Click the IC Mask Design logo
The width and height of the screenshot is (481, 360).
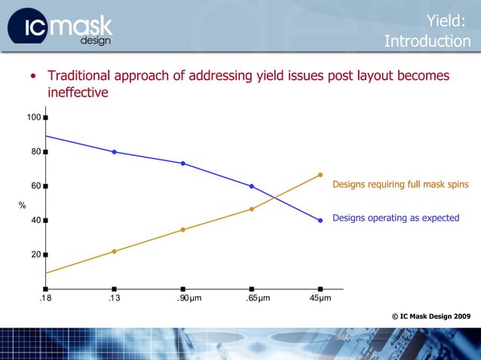click(x=60, y=29)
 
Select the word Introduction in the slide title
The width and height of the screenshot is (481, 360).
click(x=427, y=41)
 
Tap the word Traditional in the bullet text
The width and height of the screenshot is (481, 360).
click(x=83, y=76)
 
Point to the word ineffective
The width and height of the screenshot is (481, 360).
click(x=78, y=93)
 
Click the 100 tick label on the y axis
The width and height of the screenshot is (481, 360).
click(x=33, y=117)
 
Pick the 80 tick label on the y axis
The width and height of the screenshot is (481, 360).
click(x=35, y=151)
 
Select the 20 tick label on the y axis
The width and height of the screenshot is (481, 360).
click(x=35, y=255)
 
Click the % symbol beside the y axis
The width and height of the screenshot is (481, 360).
click(x=22, y=205)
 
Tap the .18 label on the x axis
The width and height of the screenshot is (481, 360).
click(x=45, y=299)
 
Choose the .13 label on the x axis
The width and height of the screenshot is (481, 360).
click(x=114, y=299)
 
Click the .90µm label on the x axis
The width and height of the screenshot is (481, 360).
click(x=184, y=299)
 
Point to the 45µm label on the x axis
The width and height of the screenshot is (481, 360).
click(x=320, y=299)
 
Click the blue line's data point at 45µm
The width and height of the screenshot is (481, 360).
click(x=320, y=221)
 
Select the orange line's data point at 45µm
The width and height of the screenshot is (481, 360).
click(x=320, y=175)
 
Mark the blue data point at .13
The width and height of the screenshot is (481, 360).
click(x=114, y=152)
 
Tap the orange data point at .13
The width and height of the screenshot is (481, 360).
click(x=114, y=251)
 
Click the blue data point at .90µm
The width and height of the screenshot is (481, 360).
click(x=183, y=163)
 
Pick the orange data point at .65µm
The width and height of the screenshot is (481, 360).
click(x=252, y=209)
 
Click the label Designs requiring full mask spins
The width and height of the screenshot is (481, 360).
click(x=400, y=185)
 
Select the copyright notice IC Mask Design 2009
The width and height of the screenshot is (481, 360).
click(x=431, y=316)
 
